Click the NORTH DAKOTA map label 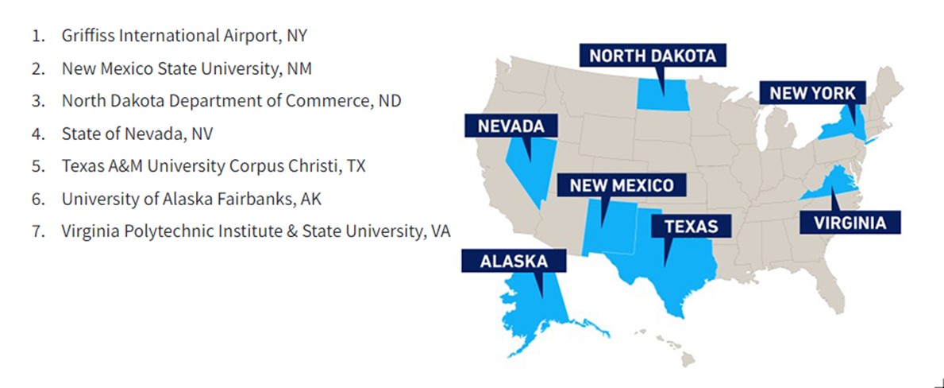653,56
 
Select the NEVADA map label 511,126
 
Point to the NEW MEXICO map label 621,185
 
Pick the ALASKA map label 513,261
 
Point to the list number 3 37,101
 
